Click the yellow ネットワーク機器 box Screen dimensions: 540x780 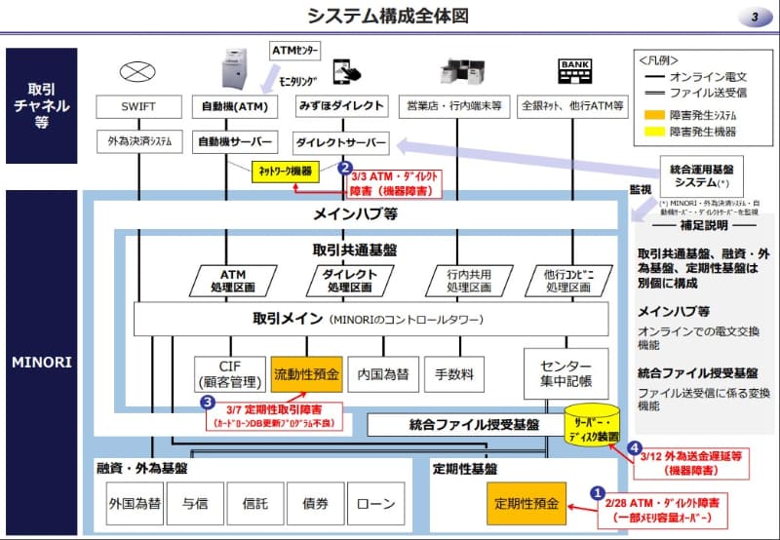285,171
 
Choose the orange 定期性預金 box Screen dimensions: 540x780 526,504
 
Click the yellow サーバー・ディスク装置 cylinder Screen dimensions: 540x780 592,424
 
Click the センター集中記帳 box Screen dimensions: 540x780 565,372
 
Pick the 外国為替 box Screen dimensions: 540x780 135,504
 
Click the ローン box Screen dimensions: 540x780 375,504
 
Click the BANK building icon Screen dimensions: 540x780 572,70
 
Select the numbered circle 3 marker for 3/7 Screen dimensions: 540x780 207,401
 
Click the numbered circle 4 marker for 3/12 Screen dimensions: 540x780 635,448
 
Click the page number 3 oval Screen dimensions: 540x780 755,18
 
